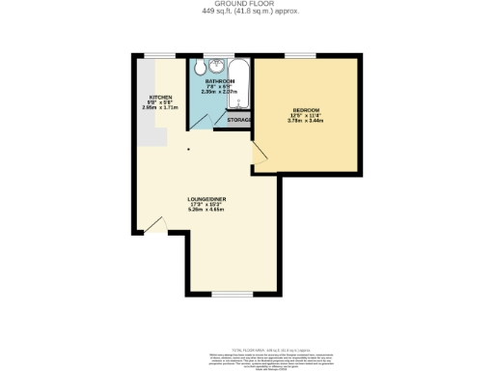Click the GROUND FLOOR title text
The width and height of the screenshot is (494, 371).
[x=246, y=4]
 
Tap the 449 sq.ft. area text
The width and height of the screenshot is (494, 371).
[x=246, y=12]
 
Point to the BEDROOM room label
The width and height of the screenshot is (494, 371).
[x=306, y=111]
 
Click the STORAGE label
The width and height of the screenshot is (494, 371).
[x=240, y=120]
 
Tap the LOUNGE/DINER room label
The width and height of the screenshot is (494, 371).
[x=207, y=199]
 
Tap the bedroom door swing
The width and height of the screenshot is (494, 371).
[x=261, y=153]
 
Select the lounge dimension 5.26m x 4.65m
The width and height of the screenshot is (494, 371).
[x=207, y=210]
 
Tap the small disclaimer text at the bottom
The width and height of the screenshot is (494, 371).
[x=246, y=358]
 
